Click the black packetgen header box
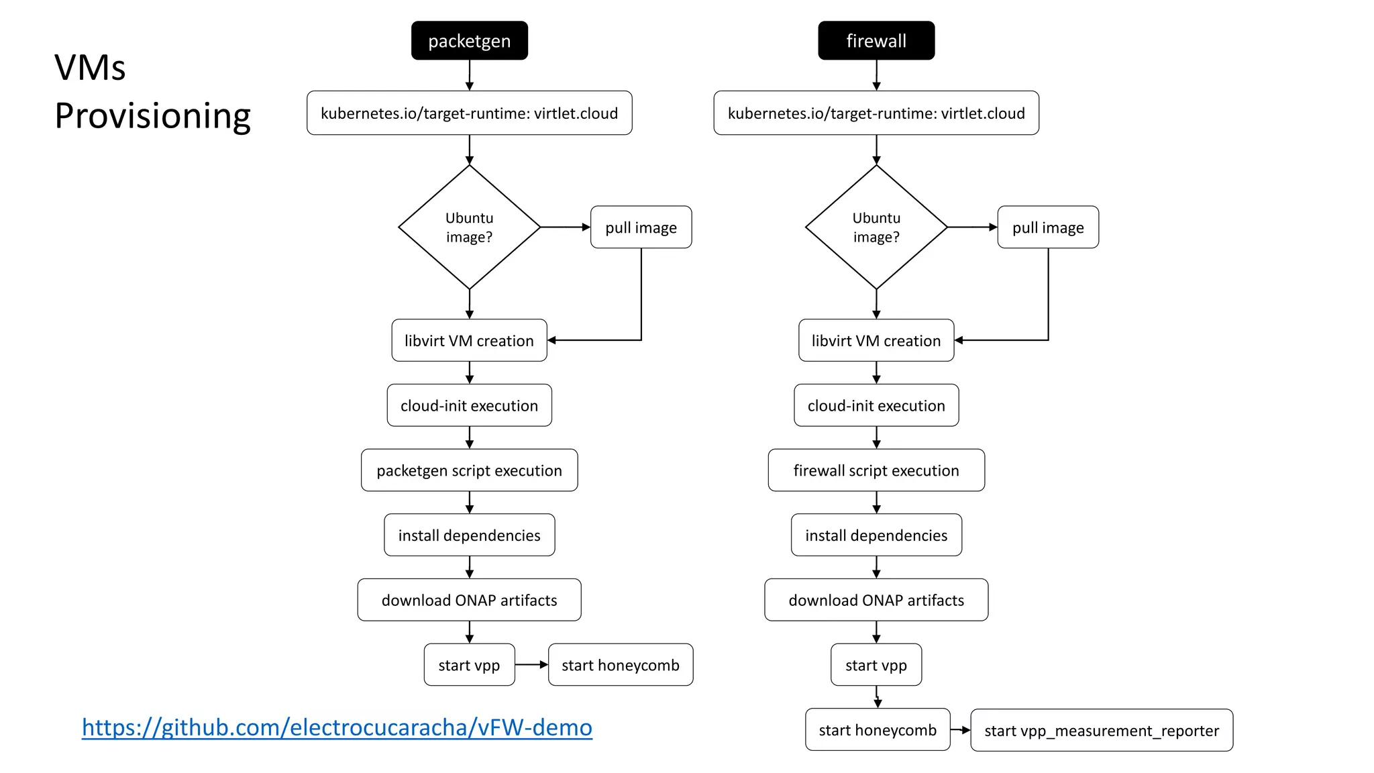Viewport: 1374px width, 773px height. tap(469, 40)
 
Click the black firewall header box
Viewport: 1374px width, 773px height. tap(876, 40)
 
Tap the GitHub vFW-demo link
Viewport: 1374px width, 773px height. tap(337, 727)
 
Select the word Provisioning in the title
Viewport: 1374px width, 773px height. tap(152, 115)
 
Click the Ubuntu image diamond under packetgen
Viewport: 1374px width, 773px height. tap(469, 227)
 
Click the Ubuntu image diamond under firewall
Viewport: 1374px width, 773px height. tap(876, 227)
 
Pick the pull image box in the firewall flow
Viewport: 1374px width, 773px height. tap(1047, 227)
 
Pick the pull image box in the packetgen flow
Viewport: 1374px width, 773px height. tap(641, 227)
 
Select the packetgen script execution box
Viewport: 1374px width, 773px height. tap(469, 470)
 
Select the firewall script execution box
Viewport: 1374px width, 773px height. tap(876, 470)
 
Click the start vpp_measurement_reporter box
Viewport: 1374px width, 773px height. tap(1101, 730)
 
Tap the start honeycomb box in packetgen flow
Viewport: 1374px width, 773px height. tap(620, 665)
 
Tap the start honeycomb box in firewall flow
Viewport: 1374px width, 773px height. tap(877, 729)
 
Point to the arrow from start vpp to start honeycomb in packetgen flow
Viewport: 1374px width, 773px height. tap(531, 665)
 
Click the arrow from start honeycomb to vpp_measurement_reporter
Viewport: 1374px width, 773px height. tap(960, 730)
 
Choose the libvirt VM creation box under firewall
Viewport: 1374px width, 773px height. tap(876, 340)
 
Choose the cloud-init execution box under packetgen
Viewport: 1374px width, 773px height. tap(469, 405)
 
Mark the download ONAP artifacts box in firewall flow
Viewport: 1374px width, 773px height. tap(876, 600)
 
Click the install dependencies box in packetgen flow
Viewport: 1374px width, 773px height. tap(469, 535)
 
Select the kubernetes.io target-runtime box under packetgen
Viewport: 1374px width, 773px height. tap(469, 113)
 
